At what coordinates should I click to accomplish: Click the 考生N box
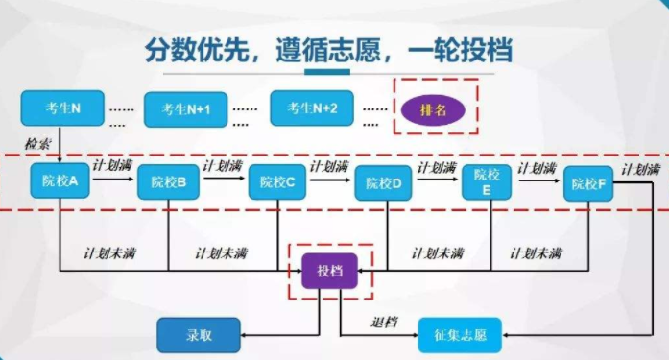[x=62, y=107]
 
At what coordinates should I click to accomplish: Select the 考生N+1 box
[x=185, y=110]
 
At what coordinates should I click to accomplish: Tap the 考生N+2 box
[x=312, y=108]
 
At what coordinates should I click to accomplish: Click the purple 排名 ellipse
[x=435, y=110]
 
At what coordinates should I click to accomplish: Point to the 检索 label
[x=37, y=143]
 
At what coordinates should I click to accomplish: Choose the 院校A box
[x=60, y=180]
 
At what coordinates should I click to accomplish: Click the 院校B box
[x=168, y=182]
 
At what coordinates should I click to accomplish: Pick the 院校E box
[x=488, y=181]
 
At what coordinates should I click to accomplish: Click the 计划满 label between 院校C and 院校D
[x=329, y=165]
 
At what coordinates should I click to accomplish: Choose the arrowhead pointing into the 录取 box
[x=244, y=335]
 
